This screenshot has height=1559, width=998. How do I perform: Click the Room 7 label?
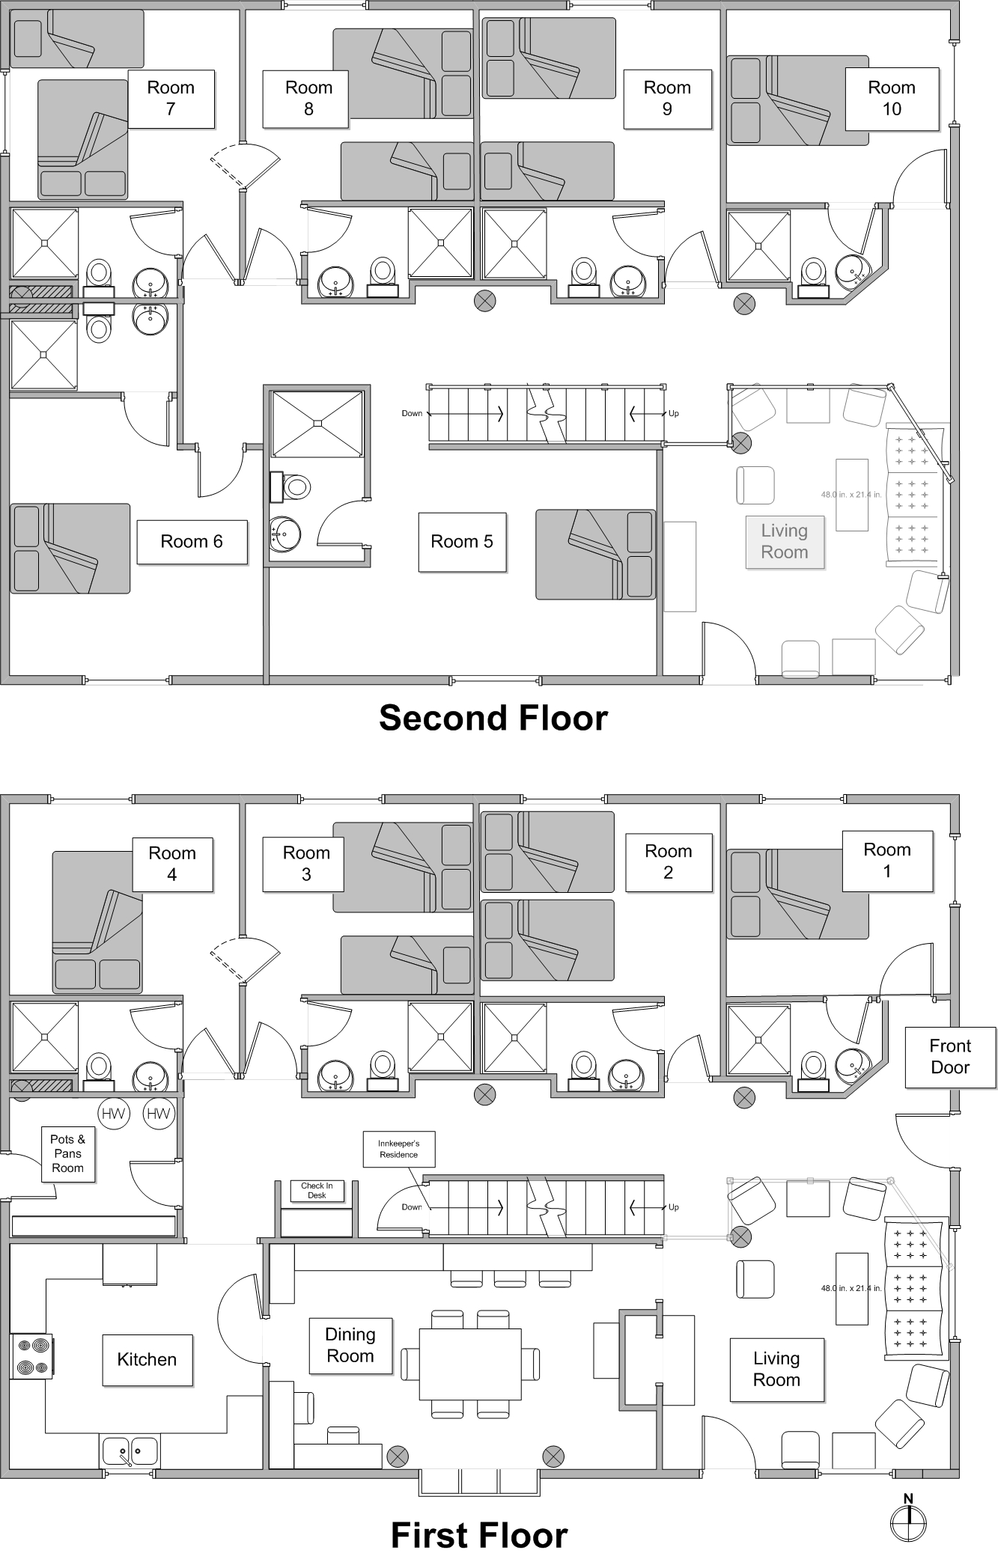tap(171, 98)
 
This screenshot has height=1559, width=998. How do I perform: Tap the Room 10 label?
tap(891, 98)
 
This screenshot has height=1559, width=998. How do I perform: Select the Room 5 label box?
tap(462, 542)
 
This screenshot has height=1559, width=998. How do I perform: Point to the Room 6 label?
tap(192, 542)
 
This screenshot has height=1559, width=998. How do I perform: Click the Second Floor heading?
tap(493, 718)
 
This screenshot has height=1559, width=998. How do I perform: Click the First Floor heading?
tap(479, 1535)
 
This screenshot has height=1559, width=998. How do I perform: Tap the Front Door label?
tap(950, 1057)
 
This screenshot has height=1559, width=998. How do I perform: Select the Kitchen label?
tap(147, 1359)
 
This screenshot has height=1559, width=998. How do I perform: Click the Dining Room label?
tap(350, 1345)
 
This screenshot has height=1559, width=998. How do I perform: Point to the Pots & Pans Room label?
tap(67, 1153)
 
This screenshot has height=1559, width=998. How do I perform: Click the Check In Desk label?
tap(317, 1190)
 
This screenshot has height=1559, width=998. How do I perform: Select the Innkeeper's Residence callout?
tap(398, 1149)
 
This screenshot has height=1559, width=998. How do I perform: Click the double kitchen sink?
tap(130, 1450)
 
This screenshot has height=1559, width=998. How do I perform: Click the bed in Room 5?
tap(595, 555)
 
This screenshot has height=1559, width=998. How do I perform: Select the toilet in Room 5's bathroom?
tap(289, 487)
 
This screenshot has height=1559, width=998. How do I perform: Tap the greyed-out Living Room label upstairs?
tap(785, 542)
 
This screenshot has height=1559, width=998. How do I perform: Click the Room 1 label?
tap(887, 861)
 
